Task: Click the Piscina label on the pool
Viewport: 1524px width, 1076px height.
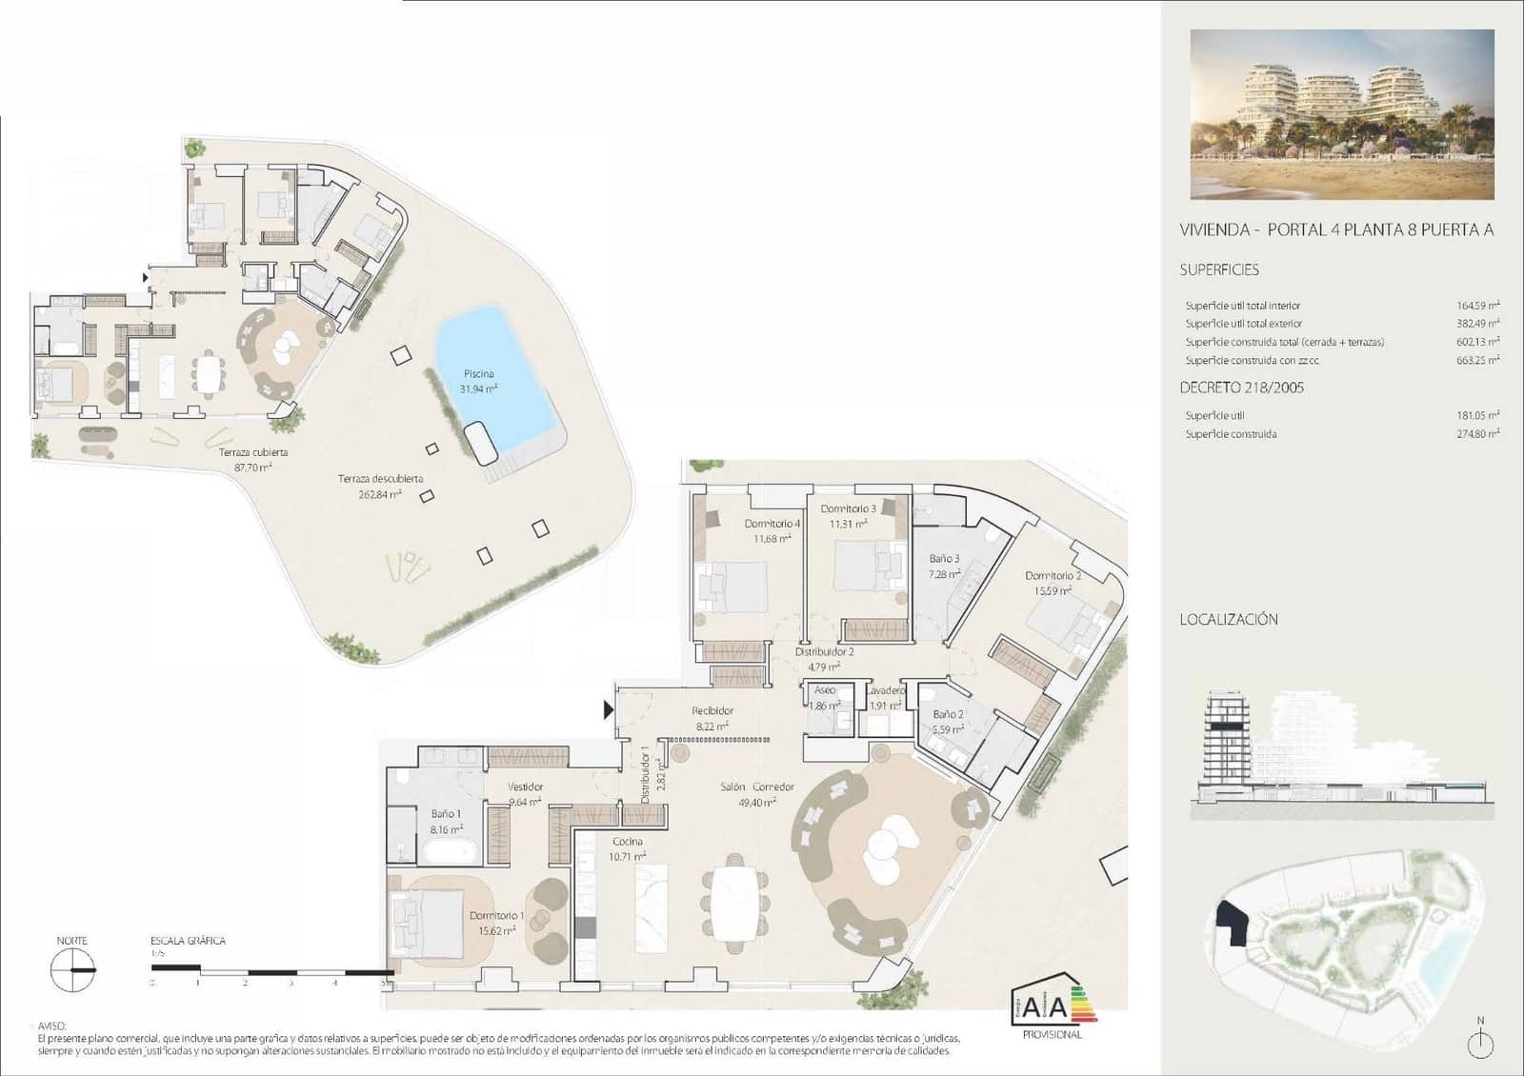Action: coord(479,374)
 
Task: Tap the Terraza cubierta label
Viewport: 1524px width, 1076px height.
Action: coord(253,452)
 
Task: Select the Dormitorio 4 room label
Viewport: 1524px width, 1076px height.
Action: coord(772,524)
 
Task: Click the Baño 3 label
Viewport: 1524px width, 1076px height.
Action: coord(944,559)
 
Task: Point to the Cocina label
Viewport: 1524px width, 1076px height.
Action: coord(627,842)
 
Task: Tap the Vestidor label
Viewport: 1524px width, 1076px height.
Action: coord(525,787)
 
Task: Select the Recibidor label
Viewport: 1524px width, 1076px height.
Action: coord(712,711)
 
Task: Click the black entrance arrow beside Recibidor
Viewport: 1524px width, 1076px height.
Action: coord(608,709)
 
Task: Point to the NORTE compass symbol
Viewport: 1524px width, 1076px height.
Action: coord(73,969)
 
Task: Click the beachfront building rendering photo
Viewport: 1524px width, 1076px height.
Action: coord(1342,114)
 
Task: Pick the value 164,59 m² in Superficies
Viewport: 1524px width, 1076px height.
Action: coord(1477,306)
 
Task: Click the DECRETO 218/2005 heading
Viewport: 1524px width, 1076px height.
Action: coord(1241,388)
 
